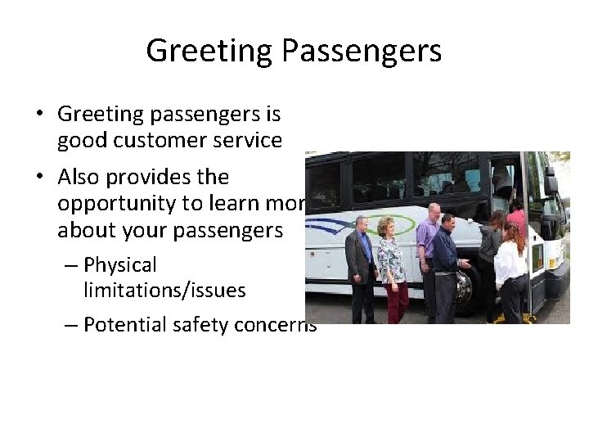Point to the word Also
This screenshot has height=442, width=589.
[x=79, y=177]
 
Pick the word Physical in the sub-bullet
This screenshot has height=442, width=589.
[x=119, y=264]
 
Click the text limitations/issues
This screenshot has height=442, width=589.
[x=164, y=290]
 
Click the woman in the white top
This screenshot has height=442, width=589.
[x=510, y=266]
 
